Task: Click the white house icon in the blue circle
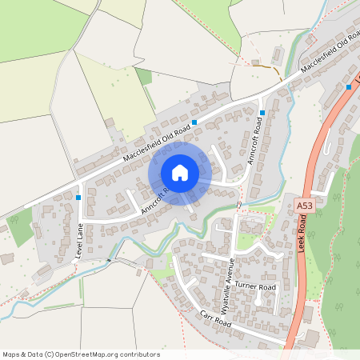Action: [179, 172]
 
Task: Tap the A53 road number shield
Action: [304, 206]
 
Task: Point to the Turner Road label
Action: [255, 286]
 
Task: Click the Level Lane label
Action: [79, 240]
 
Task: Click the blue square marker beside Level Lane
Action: [78, 196]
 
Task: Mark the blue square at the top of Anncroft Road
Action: [262, 112]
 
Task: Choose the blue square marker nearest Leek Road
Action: [349, 86]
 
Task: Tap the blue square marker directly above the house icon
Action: [194, 122]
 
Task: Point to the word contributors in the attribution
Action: [138, 354]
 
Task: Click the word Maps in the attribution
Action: [11, 354]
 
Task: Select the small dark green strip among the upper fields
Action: [143, 78]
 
